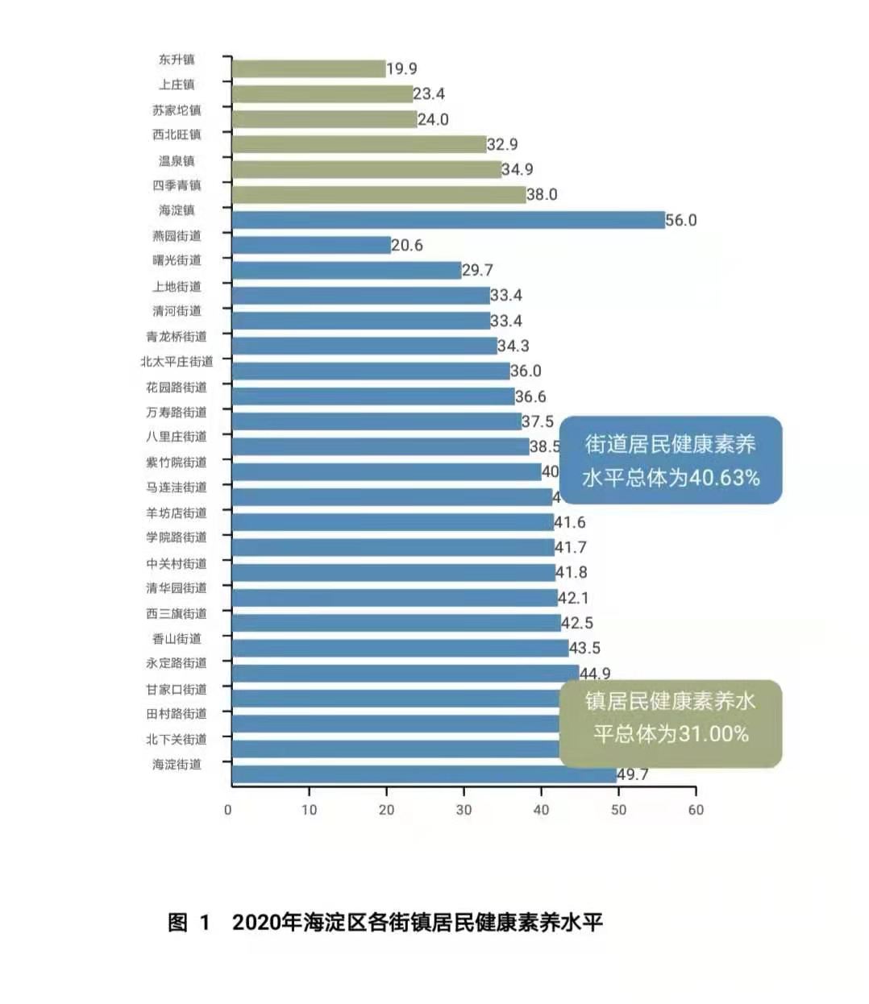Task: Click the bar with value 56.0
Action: [x=448, y=220]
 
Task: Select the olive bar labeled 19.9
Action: [x=309, y=69]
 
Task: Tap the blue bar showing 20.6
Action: [x=311, y=245]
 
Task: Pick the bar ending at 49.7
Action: [x=424, y=774]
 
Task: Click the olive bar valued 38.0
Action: [x=379, y=194]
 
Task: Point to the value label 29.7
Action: [x=477, y=270]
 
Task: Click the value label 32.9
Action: [x=502, y=144]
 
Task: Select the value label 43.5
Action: [x=584, y=648]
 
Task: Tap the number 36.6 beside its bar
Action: [x=530, y=396]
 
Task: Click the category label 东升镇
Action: [x=177, y=60]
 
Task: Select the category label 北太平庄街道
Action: [x=177, y=362]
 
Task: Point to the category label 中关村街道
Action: [x=177, y=563]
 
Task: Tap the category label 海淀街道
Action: [x=177, y=764]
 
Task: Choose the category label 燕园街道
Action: [x=177, y=236]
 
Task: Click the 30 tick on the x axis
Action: [x=464, y=810]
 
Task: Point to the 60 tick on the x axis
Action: [x=696, y=810]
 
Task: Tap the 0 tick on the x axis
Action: [x=228, y=810]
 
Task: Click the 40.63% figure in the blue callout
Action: [x=724, y=478]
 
